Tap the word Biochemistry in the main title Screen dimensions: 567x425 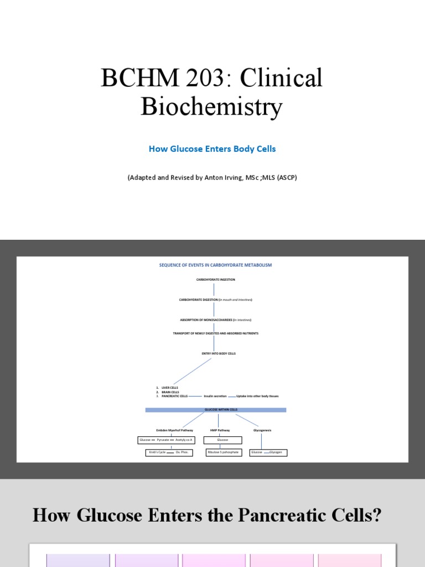[211, 106]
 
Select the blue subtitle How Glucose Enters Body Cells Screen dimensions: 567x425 [212, 149]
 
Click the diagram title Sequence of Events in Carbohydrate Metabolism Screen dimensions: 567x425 [215, 265]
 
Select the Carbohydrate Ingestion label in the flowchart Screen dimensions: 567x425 [215, 280]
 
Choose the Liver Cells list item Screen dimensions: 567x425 [170, 388]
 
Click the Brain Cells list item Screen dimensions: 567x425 [170, 392]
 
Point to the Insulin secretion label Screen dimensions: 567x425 [215, 396]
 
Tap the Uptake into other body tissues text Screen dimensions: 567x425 [257, 396]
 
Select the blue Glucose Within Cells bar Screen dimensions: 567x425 [215, 410]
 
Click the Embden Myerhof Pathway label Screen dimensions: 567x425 [172, 430]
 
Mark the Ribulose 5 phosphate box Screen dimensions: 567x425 [222, 452]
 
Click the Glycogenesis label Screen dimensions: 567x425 [262, 430]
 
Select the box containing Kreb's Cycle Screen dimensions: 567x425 [169, 452]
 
